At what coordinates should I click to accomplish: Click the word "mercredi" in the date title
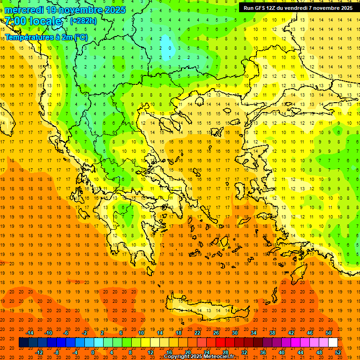(24, 10)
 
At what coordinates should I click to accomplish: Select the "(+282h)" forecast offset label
(83, 21)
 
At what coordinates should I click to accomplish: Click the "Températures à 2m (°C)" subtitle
(46, 37)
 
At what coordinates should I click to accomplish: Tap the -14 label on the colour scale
(30, 333)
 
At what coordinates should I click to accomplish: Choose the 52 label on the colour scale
(338, 352)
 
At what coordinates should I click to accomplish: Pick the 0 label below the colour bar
(93, 352)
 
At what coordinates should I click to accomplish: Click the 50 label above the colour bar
(329, 333)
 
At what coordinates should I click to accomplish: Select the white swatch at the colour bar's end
(333, 343)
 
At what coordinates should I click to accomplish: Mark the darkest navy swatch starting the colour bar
(23, 343)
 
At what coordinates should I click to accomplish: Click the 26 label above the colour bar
(216, 333)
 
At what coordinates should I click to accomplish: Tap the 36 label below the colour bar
(263, 352)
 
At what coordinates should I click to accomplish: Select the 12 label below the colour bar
(150, 352)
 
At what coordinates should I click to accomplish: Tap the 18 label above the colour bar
(179, 333)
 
